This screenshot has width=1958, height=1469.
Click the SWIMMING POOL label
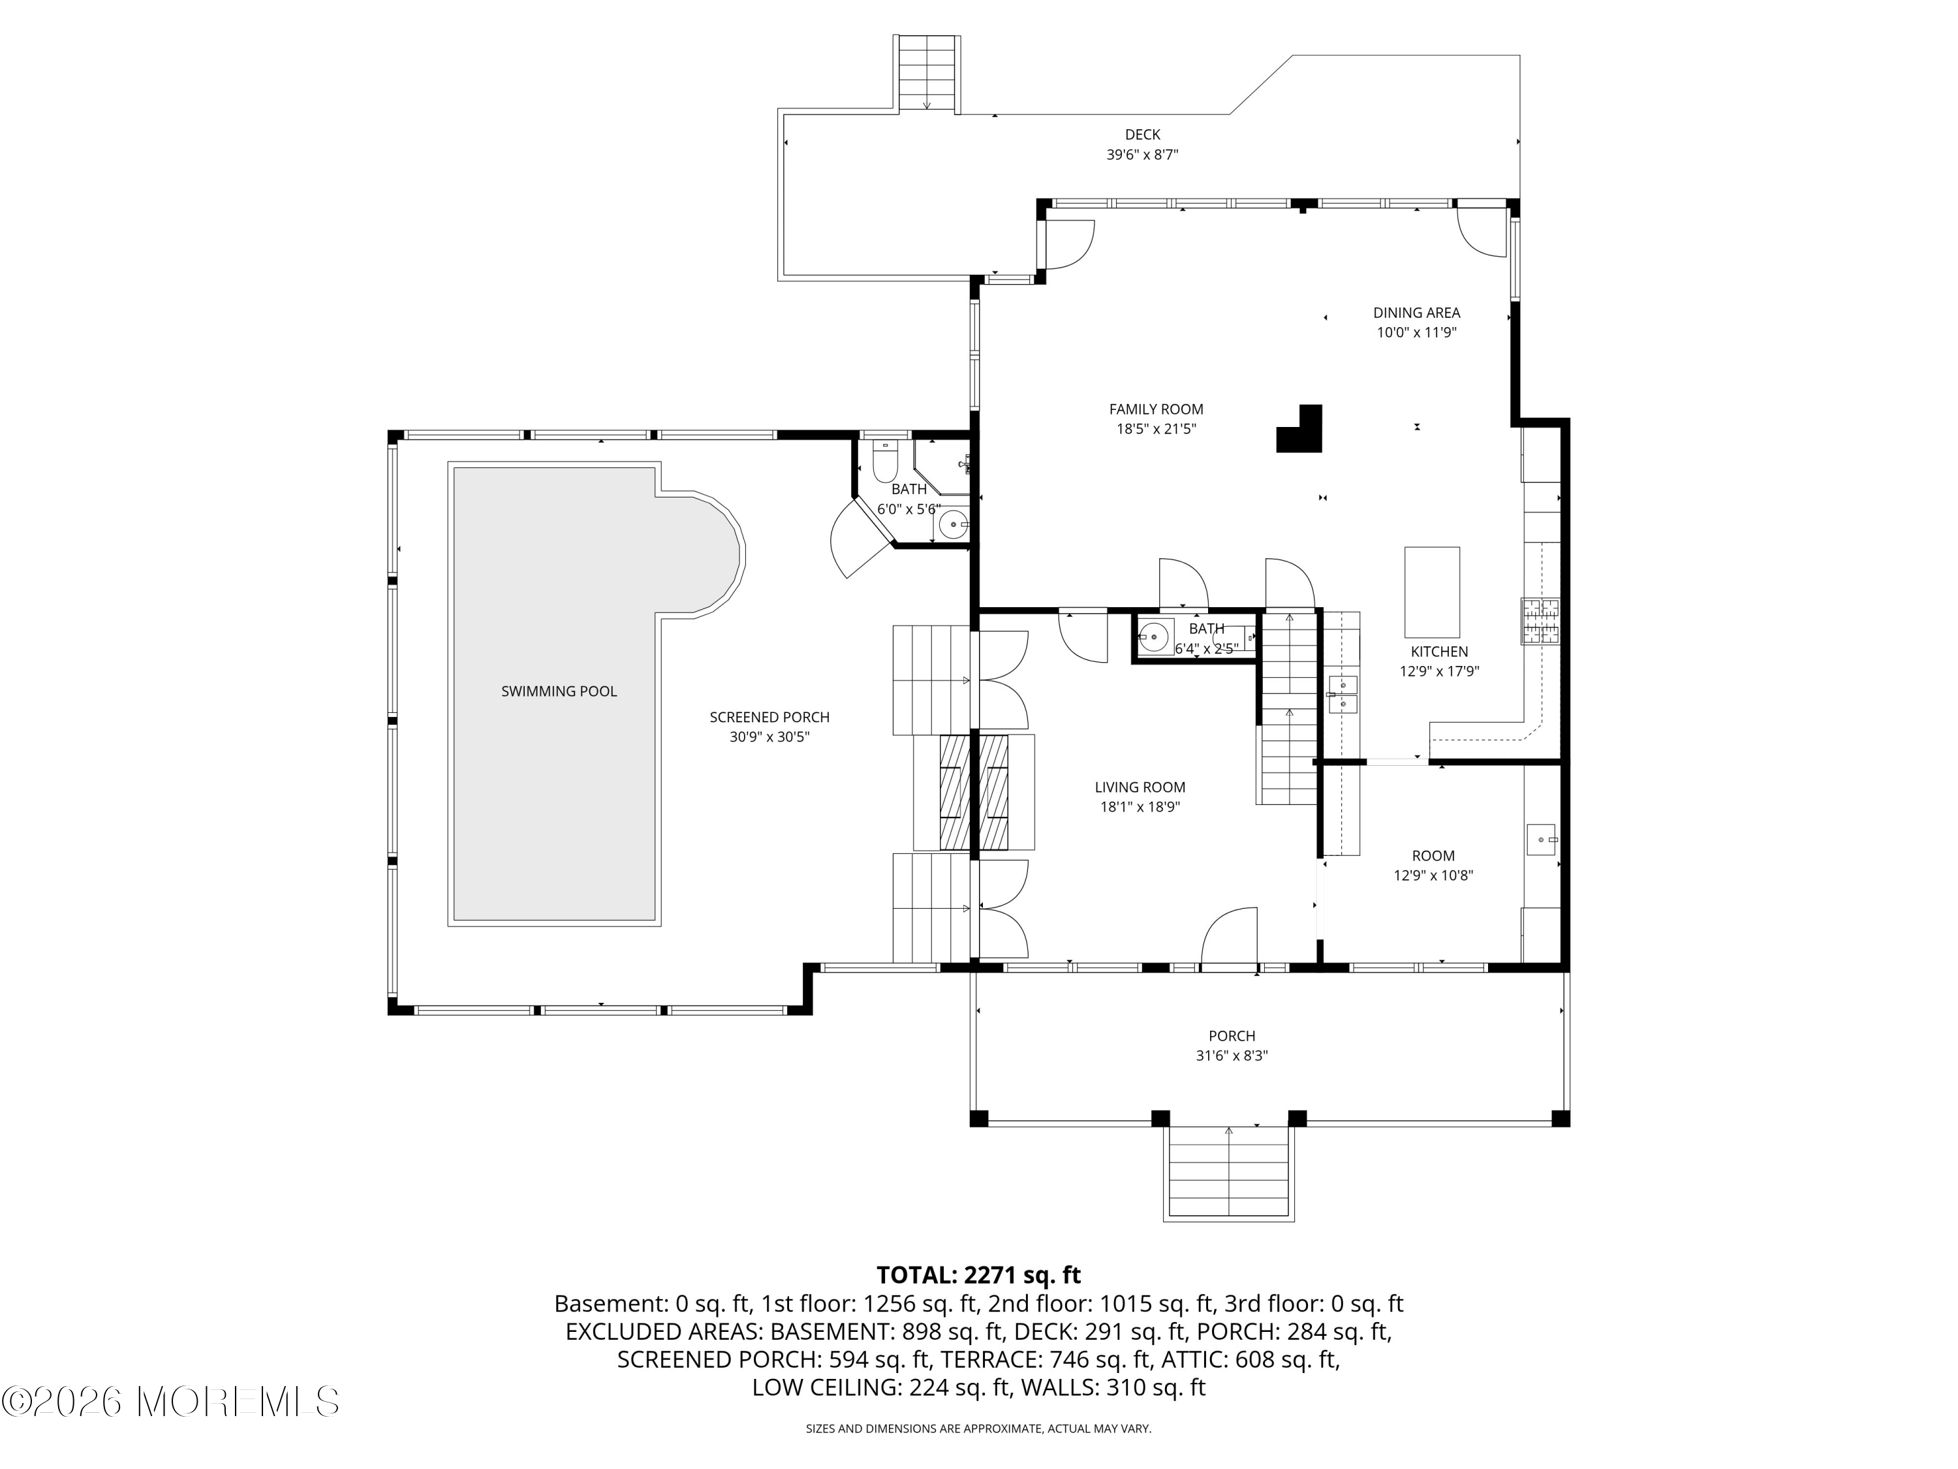point(559,691)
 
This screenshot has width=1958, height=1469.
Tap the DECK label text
point(1142,134)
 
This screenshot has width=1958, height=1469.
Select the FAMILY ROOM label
point(1156,409)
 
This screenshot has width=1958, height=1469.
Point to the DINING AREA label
point(1416,313)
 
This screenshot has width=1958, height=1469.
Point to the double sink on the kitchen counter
point(1343,693)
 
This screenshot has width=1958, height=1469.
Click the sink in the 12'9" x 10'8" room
point(1542,838)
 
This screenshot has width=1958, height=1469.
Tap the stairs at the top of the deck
point(927,74)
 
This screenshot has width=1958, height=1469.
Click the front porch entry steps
point(1228,1173)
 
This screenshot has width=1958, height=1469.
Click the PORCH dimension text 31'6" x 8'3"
point(1232,1056)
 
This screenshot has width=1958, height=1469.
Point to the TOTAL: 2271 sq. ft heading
point(978,1275)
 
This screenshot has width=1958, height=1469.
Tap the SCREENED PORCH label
point(769,718)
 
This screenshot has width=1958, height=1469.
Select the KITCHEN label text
point(1438,652)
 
